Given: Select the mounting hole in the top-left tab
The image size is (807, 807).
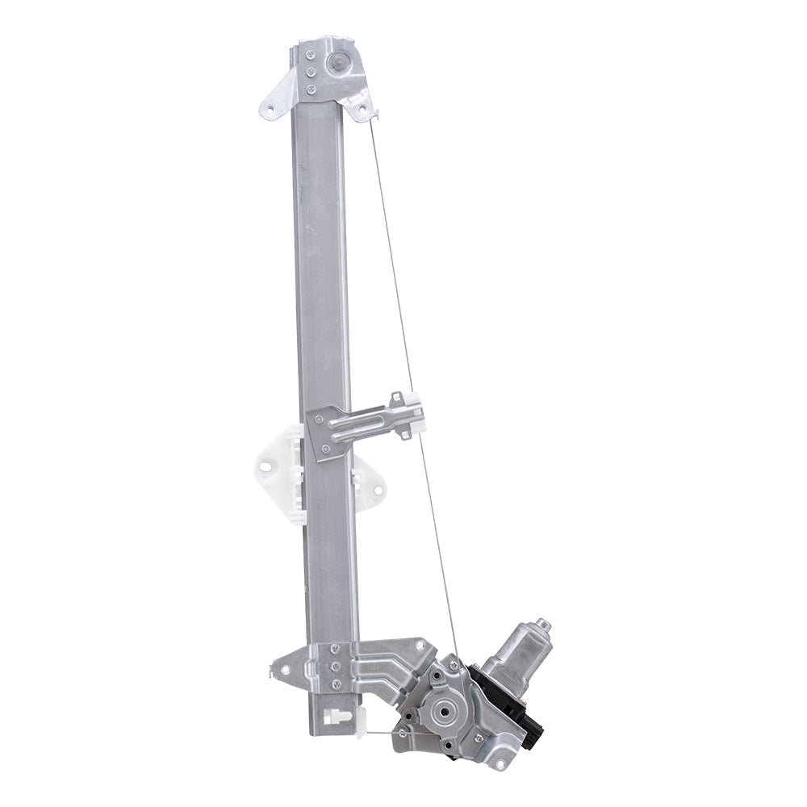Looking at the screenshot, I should click(x=270, y=108).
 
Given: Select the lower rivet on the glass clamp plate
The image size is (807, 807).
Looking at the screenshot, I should click(x=324, y=449).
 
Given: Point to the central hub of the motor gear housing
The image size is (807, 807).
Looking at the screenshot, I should click(x=441, y=711).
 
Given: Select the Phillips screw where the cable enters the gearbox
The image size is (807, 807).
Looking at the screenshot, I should click(x=454, y=664).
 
